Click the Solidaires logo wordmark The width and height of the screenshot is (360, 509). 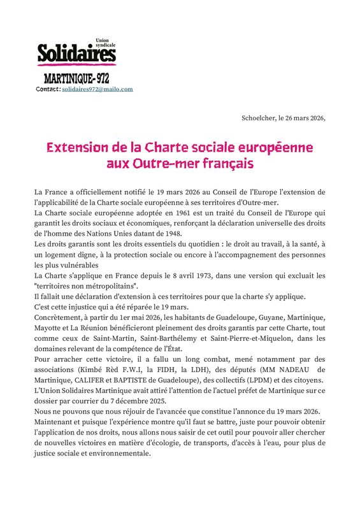pyautogui.click(x=76, y=54)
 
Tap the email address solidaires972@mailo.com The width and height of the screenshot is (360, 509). pyautogui.click(x=97, y=89)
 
